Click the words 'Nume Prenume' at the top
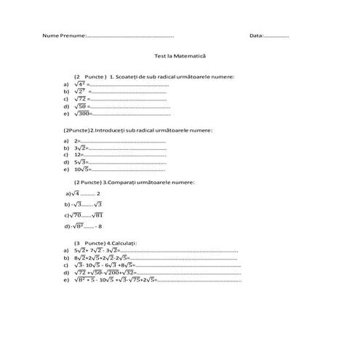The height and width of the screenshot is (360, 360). click(64, 36)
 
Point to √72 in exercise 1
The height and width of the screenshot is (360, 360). click(81, 99)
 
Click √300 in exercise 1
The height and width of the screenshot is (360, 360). click(82, 113)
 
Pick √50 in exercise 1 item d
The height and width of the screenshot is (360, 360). click(81, 106)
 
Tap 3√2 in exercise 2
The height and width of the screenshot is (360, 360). click(80, 147)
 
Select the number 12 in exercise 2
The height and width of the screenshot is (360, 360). click(78, 154)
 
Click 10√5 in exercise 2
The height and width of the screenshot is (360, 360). click(81, 169)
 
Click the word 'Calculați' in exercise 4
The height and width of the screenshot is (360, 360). click(125, 242)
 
